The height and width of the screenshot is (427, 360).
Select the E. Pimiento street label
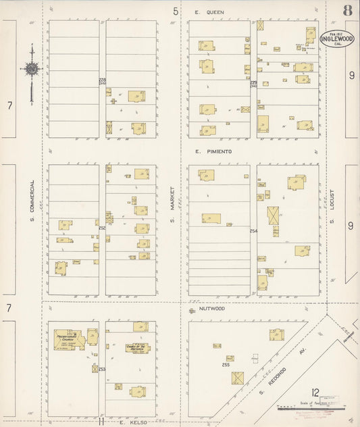coord(213,152)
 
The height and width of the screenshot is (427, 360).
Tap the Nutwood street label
coord(211,308)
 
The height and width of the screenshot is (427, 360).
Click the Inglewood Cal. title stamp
coord(331,39)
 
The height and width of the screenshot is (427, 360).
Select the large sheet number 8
coord(346,10)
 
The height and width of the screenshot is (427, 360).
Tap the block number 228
coord(103,80)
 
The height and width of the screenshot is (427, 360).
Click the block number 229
coord(254,82)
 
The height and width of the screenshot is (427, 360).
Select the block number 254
coord(254,231)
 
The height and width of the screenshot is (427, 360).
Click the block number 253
coord(103,370)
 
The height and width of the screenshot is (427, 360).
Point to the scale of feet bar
coord(311,408)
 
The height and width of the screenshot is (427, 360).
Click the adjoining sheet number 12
coord(315,392)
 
